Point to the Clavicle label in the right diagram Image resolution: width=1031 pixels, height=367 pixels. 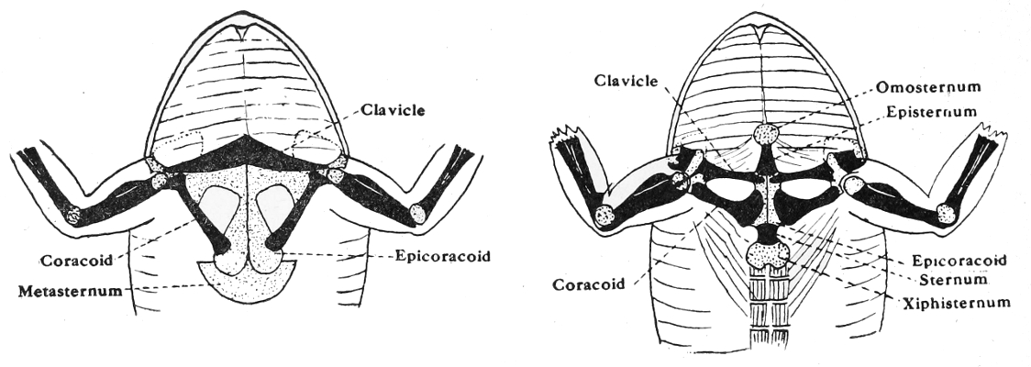[x=627, y=81]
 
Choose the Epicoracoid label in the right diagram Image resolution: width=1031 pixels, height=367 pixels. [x=959, y=260]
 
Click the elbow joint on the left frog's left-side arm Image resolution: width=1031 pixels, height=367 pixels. [x=72, y=217]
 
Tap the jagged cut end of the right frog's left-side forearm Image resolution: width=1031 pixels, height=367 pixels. [x=567, y=141]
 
